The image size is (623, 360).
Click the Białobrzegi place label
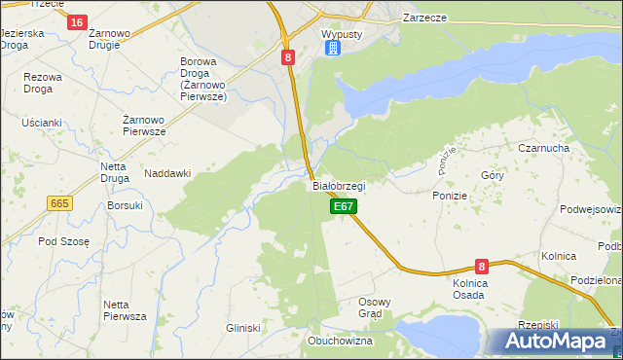(x=339, y=185)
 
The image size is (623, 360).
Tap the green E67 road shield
(x=344, y=206)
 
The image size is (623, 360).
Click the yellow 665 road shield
(x=59, y=202)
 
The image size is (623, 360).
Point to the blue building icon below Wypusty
(x=332, y=48)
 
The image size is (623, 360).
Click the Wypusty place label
(x=341, y=32)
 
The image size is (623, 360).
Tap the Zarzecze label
(x=425, y=18)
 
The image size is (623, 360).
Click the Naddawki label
(x=167, y=173)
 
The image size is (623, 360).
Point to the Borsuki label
(x=126, y=205)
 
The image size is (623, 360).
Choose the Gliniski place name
(x=243, y=329)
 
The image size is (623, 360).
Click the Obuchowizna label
(x=341, y=342)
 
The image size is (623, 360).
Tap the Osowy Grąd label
(x=375, y=307)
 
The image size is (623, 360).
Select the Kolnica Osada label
(x=469, y=289)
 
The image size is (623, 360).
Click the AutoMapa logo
(x=554, y=342)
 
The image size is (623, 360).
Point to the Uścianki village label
(x=41, y=123)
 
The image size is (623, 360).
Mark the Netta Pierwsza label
(x=124, y=310)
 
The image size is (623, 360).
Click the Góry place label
(x=492, y=176)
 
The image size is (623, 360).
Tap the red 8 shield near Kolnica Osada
(x=481, y=266)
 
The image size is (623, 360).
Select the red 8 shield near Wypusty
(x=288, y=57)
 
